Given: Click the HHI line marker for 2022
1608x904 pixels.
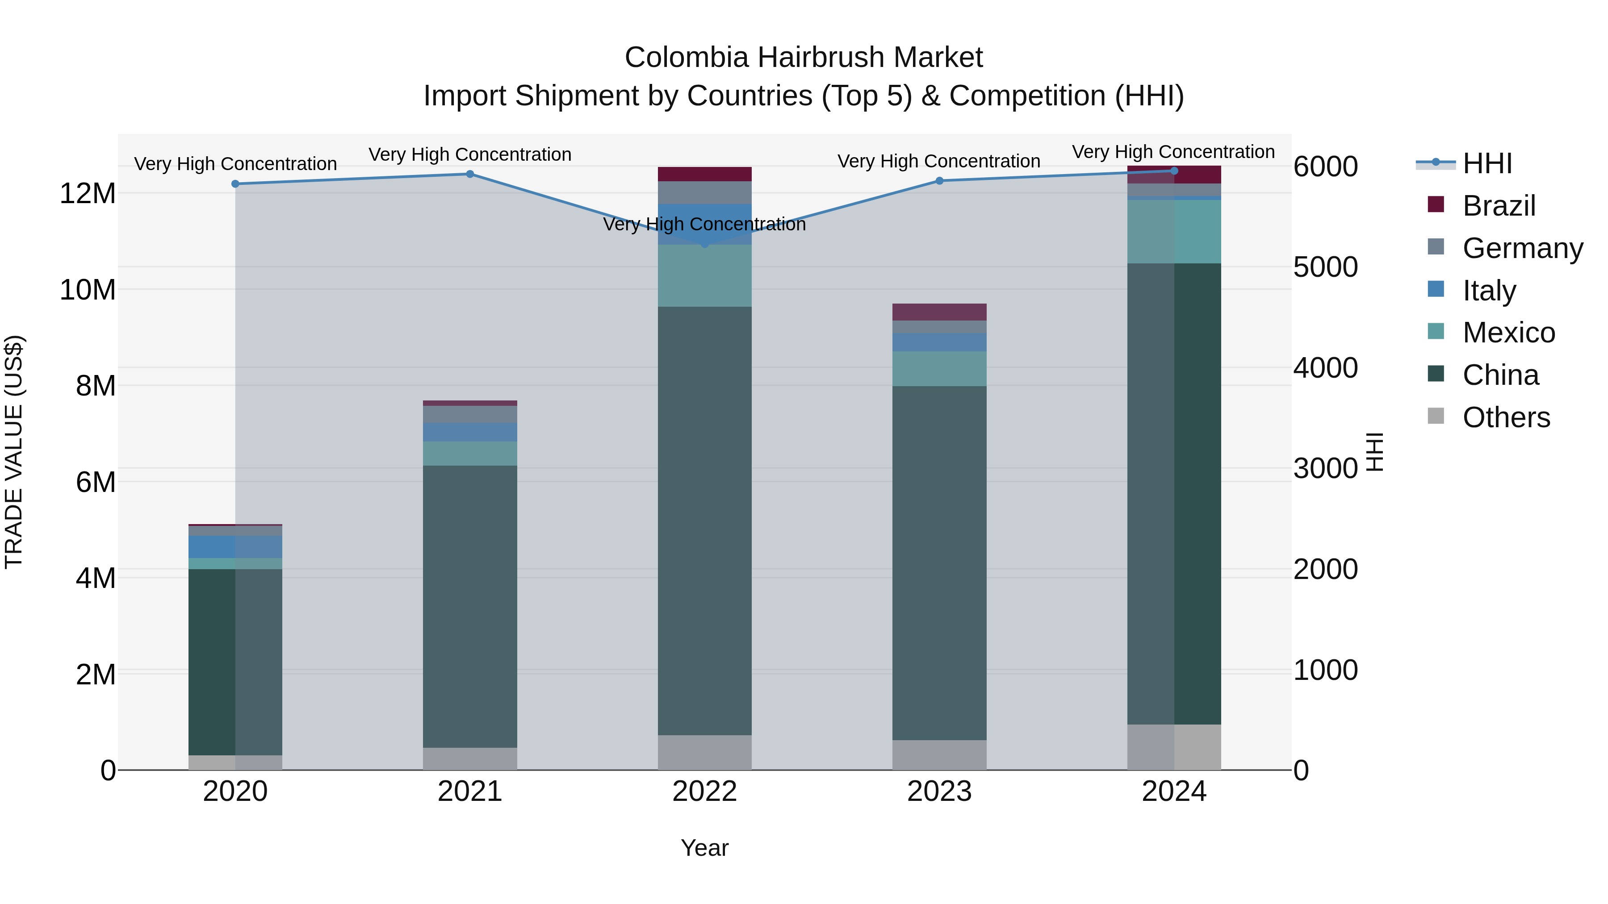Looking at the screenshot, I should pyautogui.click(x=705, y=244).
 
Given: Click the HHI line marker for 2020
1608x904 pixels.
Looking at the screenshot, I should pyautogui.click(x=235, y=184).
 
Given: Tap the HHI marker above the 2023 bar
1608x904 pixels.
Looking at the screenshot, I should pyautogui.click(x=939, y=181).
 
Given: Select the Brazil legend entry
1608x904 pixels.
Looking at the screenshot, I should pyautogui.click(x=1498, y=206).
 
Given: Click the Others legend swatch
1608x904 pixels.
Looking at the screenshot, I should pyautogui.click(x=1436, y=416).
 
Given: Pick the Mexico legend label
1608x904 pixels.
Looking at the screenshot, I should pyautogui.click(x=1509, y=333).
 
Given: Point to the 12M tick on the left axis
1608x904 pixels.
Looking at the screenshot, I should pyautogui.click(x=88, y=193).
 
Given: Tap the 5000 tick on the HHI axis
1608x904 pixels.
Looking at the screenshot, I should pyautogui.click(x=1325, y=267).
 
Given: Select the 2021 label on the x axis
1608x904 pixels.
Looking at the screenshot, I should pyautogui.click(x=470, y=792).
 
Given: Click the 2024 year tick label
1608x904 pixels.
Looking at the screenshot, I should pyautogui.click(x=1174, y=792).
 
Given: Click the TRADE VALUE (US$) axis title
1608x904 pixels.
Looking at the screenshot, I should pyautogui.click(x=14, y=452).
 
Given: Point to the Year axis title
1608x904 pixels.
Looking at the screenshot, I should pyautogui.click(x=705, y=848).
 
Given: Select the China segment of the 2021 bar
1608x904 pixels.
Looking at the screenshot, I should pyautogui.click(x=470, y=605).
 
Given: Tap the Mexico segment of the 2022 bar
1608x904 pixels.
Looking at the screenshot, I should pyautogui.click(x=705, y=275).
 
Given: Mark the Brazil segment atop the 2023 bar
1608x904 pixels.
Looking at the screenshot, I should pyautogui.click(x=939, y=312).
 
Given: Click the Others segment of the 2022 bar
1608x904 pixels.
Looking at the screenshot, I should pyautogui.click(x=705, y=752).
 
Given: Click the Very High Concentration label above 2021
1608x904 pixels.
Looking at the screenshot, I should pyautogui.click(x=470, y=154).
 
